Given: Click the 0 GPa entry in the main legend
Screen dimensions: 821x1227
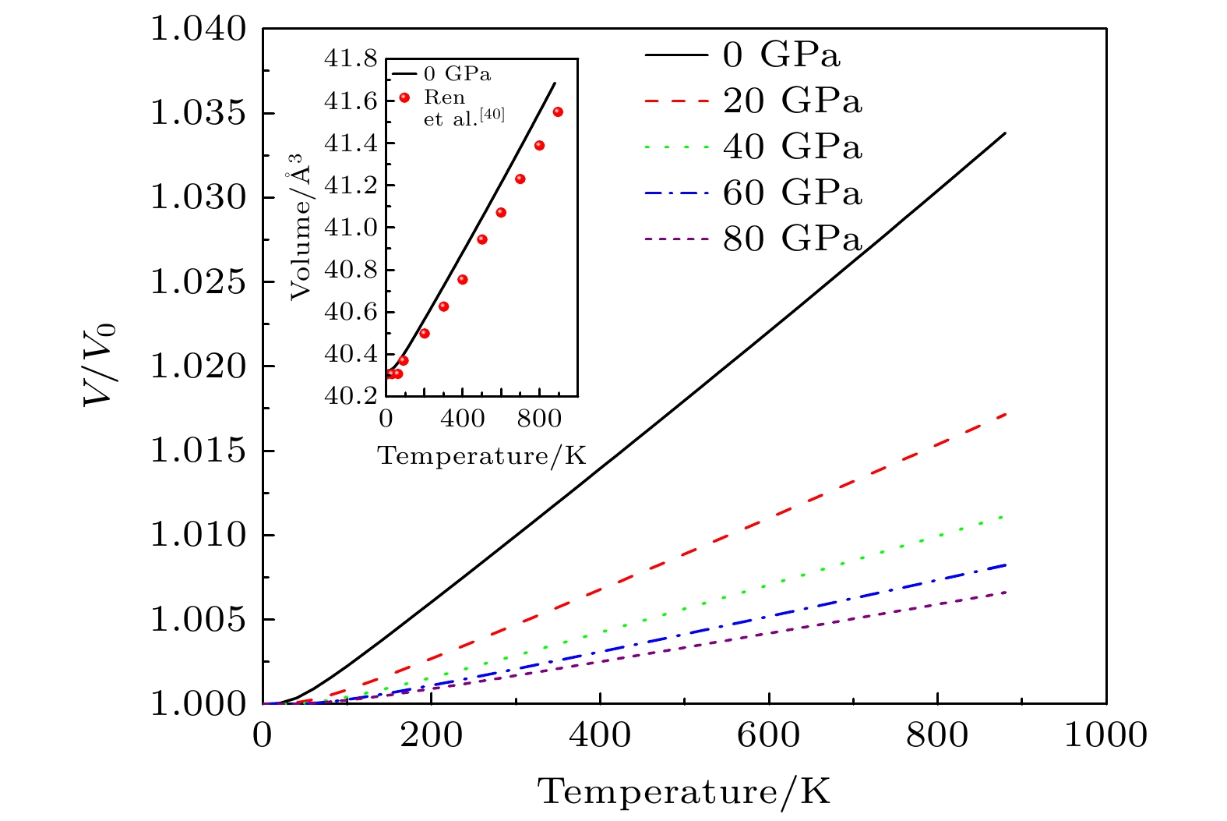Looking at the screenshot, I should pos(781,55).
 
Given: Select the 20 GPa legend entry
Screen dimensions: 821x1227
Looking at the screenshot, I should pos(792,101).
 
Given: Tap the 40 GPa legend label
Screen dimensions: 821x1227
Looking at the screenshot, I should pos(792,147).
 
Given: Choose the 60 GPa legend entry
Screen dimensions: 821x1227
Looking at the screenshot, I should pos(792,193).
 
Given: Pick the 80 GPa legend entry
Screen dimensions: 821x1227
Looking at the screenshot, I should pos(792,239).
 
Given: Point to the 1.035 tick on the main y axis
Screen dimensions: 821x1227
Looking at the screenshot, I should pos(198,114).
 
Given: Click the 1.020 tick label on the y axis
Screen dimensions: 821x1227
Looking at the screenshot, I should pos(198,366).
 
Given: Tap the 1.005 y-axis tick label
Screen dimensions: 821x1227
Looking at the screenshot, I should pos(198,620).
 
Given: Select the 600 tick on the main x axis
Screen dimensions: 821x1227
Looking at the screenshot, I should pos(769,735).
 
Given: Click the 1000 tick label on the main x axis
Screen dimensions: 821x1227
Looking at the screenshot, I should pos(1105,735).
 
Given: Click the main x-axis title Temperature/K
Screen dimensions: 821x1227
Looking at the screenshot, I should pos(684,792).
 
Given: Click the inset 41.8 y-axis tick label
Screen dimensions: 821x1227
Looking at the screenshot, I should pos(351,59).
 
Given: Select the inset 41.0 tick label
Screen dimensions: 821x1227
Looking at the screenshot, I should pos(351,228).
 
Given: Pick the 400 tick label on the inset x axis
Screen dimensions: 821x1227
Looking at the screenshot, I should pos(462,417).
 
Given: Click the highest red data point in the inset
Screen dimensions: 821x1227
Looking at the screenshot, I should pos(558,112).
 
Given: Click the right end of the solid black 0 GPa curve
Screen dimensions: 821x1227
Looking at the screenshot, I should pos(1006,133).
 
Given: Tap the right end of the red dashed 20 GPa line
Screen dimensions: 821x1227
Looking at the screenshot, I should pos(1006,414).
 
